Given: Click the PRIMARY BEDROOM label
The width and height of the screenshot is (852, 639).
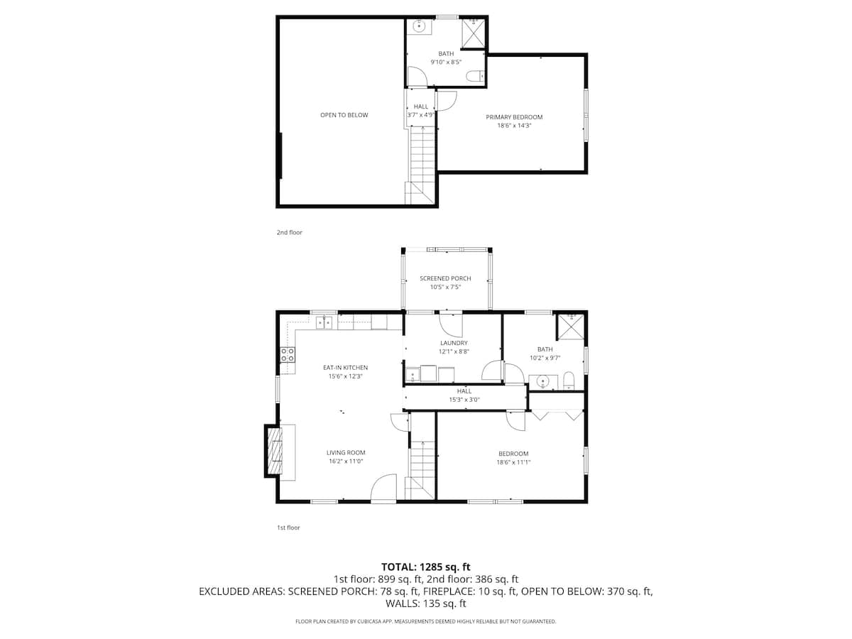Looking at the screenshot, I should tap(514, 117).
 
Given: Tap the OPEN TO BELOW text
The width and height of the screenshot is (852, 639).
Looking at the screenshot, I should tap(344, 115).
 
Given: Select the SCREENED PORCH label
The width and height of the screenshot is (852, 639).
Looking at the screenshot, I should tap(445, 278).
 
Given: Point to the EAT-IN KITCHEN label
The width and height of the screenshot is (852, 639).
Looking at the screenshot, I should tap(345, 367).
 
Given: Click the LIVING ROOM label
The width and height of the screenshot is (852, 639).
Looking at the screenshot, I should tap(346, 452).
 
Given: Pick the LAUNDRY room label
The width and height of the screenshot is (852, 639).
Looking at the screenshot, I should tap(454, 343).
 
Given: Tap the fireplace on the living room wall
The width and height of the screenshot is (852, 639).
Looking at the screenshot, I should tap(274, 451).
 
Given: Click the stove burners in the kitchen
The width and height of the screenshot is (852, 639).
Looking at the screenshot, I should tap(288, 355).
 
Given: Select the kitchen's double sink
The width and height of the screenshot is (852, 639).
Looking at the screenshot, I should tap(324, 323).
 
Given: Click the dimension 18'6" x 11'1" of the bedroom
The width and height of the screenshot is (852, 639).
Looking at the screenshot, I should tap(513, 462).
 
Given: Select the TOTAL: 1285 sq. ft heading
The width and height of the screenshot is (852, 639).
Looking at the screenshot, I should tap(425, 567).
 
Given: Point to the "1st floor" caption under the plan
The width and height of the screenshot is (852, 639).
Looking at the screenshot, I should tap(288, 528).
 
